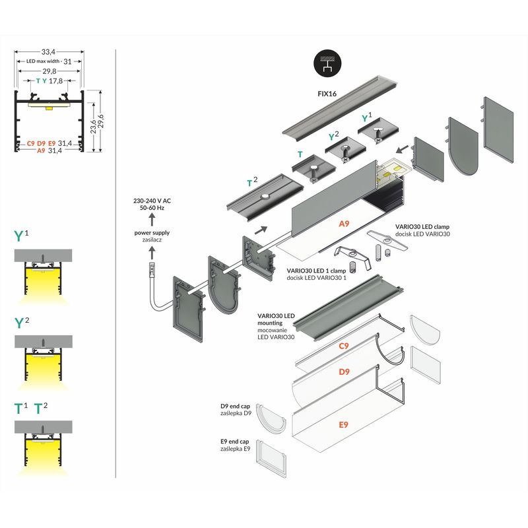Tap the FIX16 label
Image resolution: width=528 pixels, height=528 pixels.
(x=327, y=94)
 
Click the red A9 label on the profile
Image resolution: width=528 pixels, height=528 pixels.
(x=343, y=224)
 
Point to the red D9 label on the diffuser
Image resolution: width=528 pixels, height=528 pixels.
(x=344, y=372)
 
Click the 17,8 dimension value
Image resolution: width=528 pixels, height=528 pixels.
(x=55, y=81)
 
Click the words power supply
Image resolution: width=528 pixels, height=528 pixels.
(x=151, y=233)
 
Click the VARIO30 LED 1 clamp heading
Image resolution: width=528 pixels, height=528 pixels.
(x=315, y=271)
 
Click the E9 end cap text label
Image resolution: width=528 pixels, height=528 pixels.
(x=234, y=442)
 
